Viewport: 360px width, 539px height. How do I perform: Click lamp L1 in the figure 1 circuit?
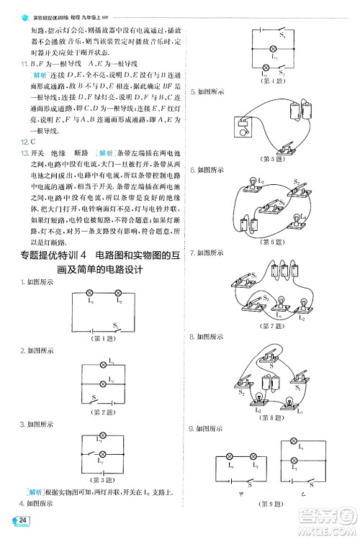89,294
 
